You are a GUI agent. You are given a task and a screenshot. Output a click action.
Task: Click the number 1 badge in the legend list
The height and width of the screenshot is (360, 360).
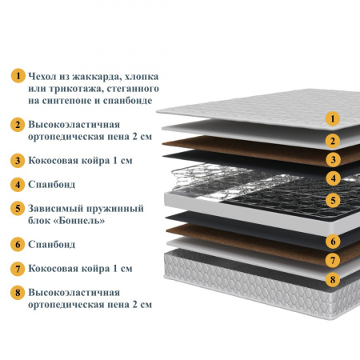pos(18,76)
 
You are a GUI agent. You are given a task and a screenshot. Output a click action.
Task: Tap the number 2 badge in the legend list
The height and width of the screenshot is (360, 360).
pos(18,125)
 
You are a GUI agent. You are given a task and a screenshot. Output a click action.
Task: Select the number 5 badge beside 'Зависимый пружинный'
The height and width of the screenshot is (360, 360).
pos(18,208)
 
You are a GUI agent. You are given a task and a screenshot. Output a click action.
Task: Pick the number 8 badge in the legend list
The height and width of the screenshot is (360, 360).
pos(18,293)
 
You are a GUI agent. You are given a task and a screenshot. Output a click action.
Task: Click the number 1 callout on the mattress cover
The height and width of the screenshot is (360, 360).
pos(333,118)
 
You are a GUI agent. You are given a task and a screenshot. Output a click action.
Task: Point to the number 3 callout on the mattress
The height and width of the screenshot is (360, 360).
pos(333,160)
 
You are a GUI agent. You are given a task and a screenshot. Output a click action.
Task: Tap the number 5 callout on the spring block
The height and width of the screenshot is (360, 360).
pos(333,200)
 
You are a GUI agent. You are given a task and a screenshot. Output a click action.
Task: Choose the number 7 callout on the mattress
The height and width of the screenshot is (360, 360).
pos(333,260)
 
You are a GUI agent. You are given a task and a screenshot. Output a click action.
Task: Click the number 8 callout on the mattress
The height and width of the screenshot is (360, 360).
pos(333,279)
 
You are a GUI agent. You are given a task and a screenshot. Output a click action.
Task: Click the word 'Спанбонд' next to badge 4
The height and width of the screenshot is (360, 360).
pos(52,184)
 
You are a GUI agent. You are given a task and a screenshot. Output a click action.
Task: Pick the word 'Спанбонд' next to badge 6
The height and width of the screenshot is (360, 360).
pos(52,244)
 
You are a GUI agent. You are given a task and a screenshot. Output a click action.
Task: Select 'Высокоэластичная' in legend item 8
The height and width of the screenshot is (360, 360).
pos(74,293)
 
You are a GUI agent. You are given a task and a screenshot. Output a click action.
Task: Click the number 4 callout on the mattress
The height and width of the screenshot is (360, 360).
pos(333,178)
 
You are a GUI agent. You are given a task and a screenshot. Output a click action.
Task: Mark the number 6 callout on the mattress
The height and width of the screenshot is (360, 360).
pos(333,242)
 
